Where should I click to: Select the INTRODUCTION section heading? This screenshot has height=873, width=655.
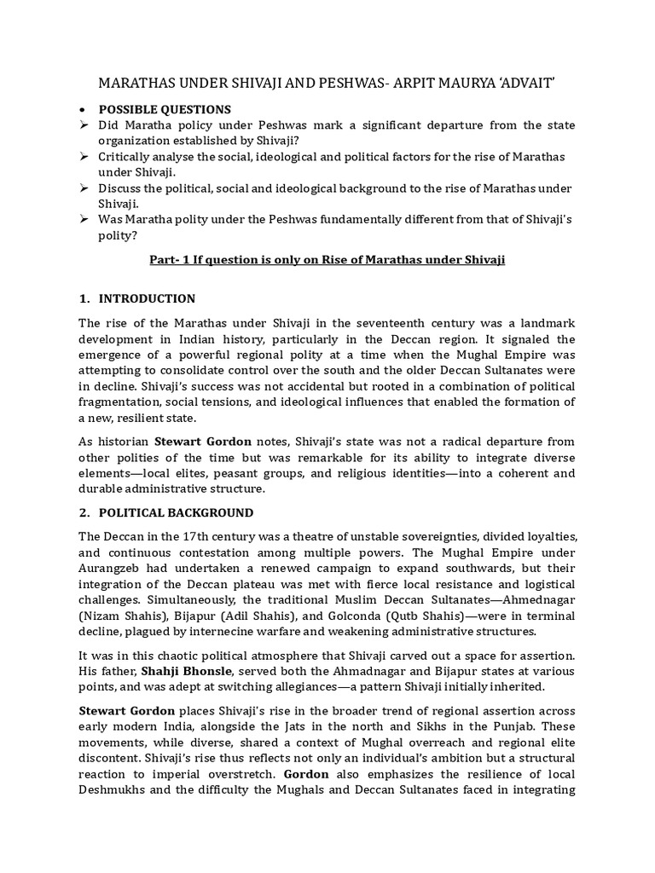pos(147,298)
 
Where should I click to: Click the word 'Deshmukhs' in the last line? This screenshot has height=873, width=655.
pos(112,789)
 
